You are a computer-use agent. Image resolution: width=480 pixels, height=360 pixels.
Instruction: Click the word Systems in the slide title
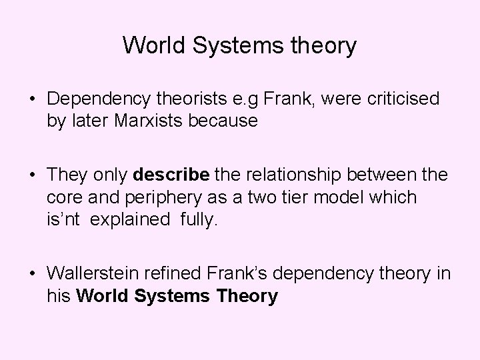(233, 46)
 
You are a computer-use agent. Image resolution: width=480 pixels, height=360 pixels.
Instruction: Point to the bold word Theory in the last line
(248, 295)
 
